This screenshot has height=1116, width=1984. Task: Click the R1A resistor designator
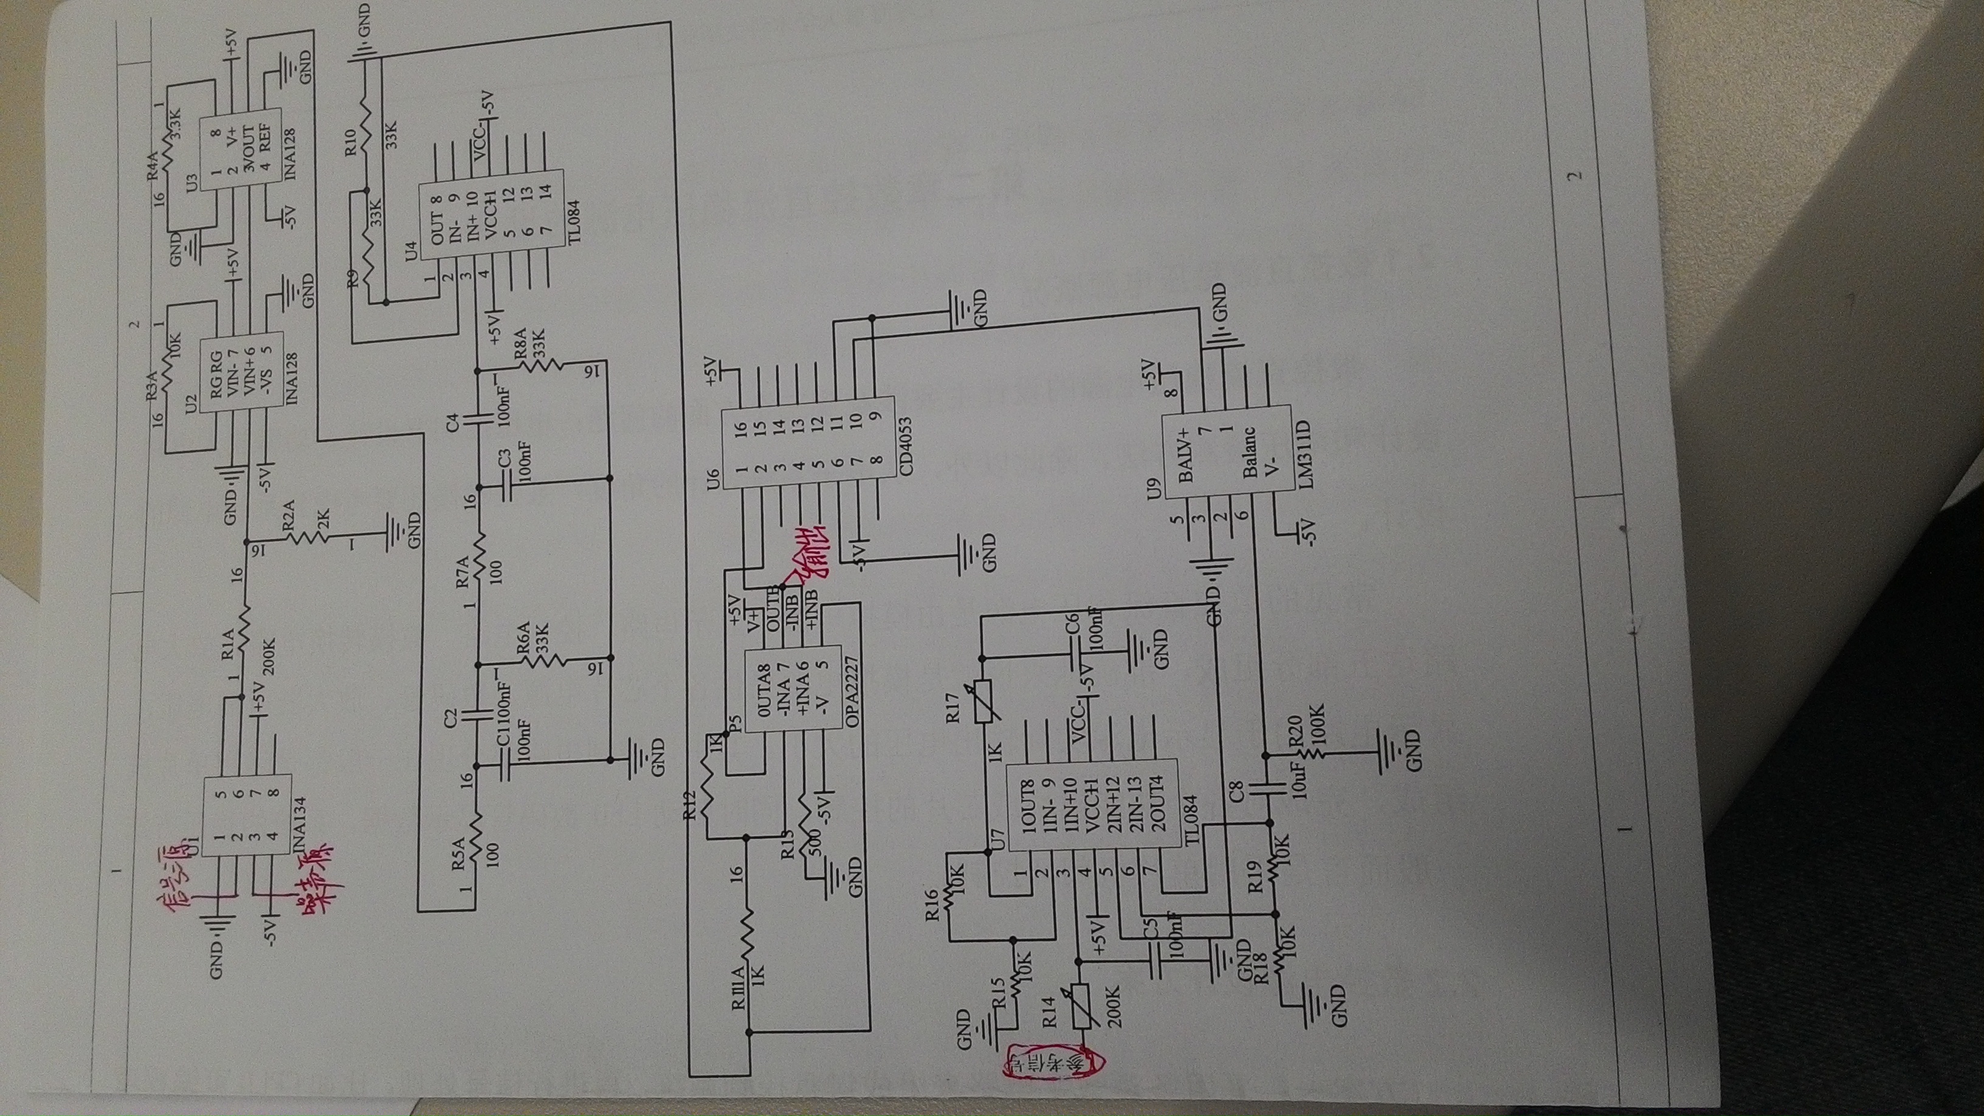[x=228, y=643]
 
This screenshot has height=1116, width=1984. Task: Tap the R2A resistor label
[x=288, y=515]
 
